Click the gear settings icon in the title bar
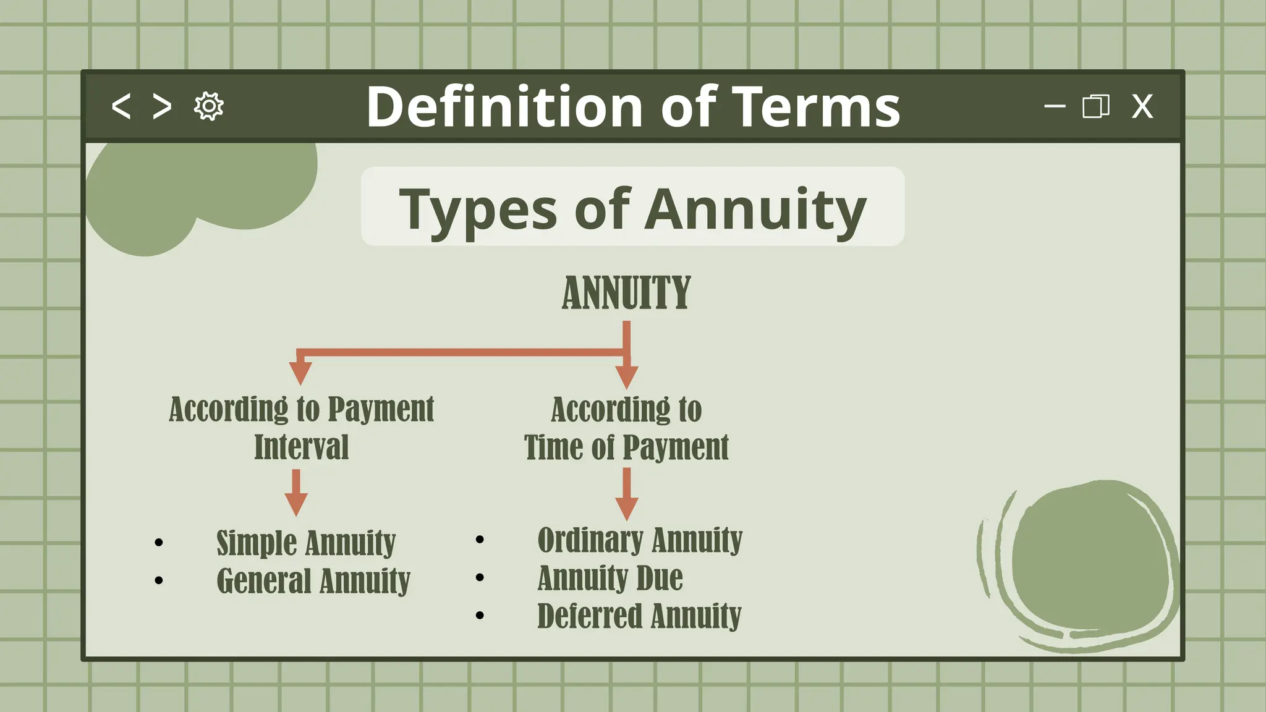pyautogui.click(x=209, y=106)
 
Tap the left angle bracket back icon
pyautogui.click(x=121, y=106)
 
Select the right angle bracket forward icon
pyautogui.click(x=162, y=106)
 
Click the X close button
pyautogui.click(x=1142, y=106)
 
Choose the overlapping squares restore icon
pyautogui.click(x=1095, y=106)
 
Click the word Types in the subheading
pyautogui.click(x=478, y=209)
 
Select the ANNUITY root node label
pyautogui.click(x=626, y=292)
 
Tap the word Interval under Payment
pyautogui.click(x=302, y=447)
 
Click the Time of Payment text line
pyautogui.click(x=626, y=447)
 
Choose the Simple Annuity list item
pyautogui.click(x=306, y=543)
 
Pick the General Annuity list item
pyautogui.click(x=313, y=580)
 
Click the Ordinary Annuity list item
pyautogui.click(x=640, y=540)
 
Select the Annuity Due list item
pyautogui.click(x=610, y=578)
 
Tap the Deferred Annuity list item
pyautogui.click(x=639, y=616)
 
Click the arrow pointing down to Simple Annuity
pyautogui.click(x=296, y=493)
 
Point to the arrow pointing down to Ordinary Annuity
pyautogui.click(x=627, y=494)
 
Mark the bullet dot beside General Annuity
pyautogui.click(x=159, y=580)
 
